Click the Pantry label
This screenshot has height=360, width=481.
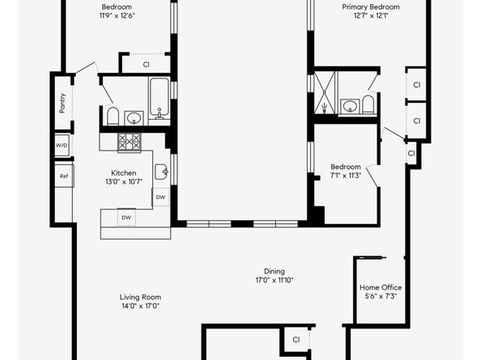(62, 103)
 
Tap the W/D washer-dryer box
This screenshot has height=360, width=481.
(62, 146)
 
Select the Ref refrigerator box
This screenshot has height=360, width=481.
(64, 176)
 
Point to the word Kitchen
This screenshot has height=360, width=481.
(124, 173)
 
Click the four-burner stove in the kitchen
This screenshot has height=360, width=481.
(130, 142)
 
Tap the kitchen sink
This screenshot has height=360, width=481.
(161, 172)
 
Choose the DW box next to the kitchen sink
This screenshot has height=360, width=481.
(161, 197)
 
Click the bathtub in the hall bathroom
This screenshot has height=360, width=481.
(160, 99)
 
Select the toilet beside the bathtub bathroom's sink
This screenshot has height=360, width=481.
(113, 116)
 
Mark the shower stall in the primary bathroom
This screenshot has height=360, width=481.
(326, 92)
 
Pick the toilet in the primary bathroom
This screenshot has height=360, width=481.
(368, 104)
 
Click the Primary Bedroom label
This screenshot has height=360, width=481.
(371, 6)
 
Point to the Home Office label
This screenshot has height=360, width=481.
(381, 287)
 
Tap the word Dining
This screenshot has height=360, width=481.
(275, 271)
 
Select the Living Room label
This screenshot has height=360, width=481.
(140, 297)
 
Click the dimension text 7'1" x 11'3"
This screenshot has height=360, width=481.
(346, 176)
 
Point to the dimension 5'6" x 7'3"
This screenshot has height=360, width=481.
(381, 296)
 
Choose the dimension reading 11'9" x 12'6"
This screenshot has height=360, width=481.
(117, 15)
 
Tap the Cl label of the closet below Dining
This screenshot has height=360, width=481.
(296, 340)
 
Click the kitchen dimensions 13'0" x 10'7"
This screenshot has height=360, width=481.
(124, 182)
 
